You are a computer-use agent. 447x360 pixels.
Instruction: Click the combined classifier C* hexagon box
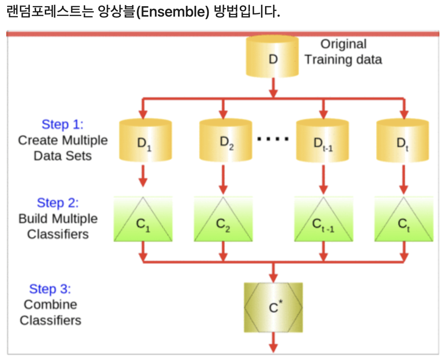[x=273, y=307]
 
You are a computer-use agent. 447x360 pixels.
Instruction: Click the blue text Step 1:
[x=62, y=124]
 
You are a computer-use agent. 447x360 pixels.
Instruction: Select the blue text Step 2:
[x=58, y=203]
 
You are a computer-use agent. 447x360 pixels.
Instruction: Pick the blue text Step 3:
[x=50, y=289]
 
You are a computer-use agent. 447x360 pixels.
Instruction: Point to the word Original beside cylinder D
[x=343, y=44]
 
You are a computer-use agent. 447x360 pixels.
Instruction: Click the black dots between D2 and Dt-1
[x=273, y=138]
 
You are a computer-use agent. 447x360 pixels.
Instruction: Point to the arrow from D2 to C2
[x=223, y=179]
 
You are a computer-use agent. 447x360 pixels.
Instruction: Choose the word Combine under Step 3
[x=51, y=304]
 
